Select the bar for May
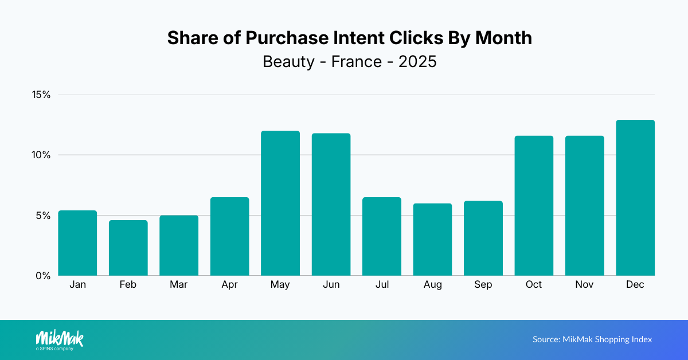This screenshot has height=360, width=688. coord(280,204)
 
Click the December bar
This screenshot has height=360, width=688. coord(635,198)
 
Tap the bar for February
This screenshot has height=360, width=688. coord(128,248)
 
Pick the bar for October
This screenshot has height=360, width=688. coord(534,205)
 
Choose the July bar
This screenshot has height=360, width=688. coord(382,236)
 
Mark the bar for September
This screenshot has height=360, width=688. coord(483,238)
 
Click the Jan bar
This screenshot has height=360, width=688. coord(77,242)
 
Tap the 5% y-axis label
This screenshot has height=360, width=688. coord(43,216)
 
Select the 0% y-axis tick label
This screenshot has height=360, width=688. coord(43,276)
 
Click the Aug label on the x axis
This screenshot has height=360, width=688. coord(433,285)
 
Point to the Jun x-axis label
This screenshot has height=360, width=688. coord(331,285)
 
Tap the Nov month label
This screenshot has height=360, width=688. coord(584,285)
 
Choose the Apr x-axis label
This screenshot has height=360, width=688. coord(229,285)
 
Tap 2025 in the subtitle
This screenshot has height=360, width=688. coord(417,61)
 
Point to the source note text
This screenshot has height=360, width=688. coord(592,339)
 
